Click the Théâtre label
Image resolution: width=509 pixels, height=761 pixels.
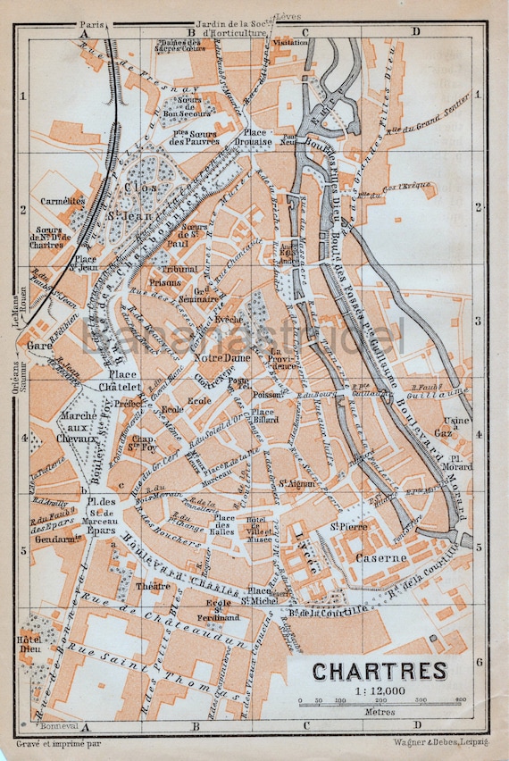tap(154, 586)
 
